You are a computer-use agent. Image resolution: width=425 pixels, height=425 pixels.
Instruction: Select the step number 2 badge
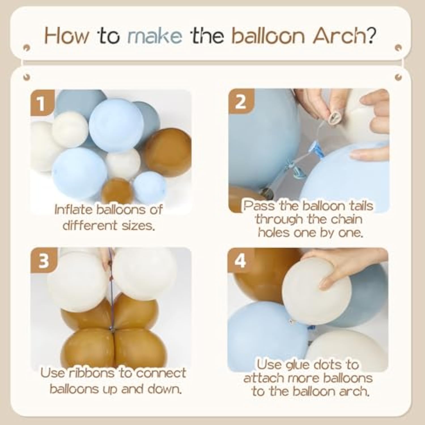241,101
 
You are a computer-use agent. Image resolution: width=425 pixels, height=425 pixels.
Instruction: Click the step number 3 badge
44,260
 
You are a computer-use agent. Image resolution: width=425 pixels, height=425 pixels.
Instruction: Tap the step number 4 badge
240,260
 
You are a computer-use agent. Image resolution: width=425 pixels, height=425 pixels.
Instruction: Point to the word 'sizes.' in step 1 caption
138,226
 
